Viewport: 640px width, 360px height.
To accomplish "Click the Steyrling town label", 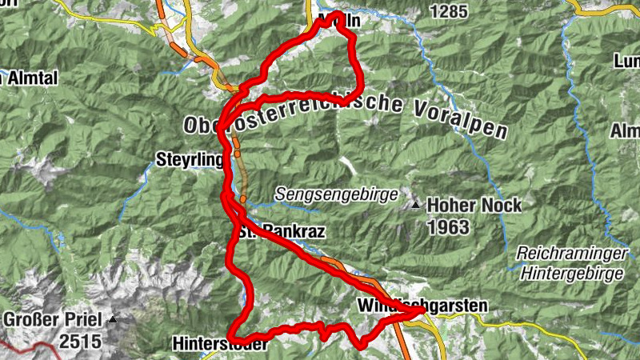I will coord(190,158).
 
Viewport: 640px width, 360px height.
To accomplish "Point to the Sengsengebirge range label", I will coord(335,194).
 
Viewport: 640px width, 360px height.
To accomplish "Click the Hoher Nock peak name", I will coord(474,206).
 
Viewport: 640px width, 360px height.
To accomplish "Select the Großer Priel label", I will coord(53,320).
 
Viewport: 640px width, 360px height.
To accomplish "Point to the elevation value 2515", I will coord(79,342).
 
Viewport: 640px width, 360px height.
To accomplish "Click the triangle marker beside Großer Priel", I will coord(113,320).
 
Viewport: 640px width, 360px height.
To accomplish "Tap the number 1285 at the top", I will coord(448,11).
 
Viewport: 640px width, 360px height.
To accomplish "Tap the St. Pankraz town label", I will coord(280,233).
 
